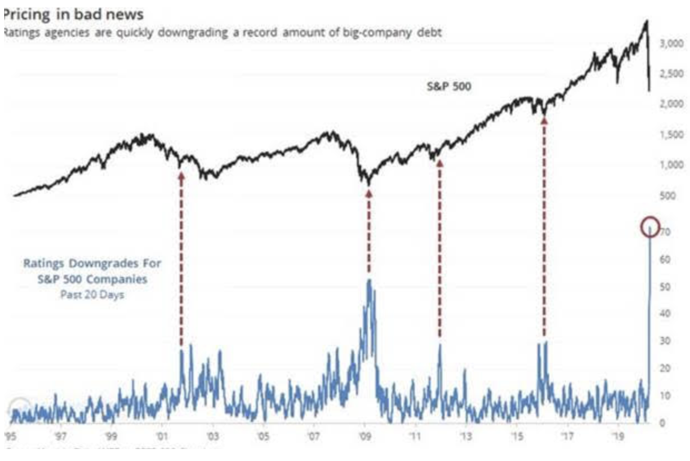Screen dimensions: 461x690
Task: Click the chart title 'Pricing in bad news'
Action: coord(73,14)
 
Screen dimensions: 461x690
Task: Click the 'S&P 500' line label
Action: coord(450,87)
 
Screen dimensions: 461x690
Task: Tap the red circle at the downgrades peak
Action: coord(650,226)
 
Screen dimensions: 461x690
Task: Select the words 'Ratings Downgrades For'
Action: coord(92,263)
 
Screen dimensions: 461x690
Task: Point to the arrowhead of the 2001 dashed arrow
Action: coord(181,177)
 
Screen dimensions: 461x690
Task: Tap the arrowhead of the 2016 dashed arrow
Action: coord(544,121)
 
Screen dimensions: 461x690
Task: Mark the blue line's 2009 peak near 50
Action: coord(369,280)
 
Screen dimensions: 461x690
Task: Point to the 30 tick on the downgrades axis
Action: coord(661,341)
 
